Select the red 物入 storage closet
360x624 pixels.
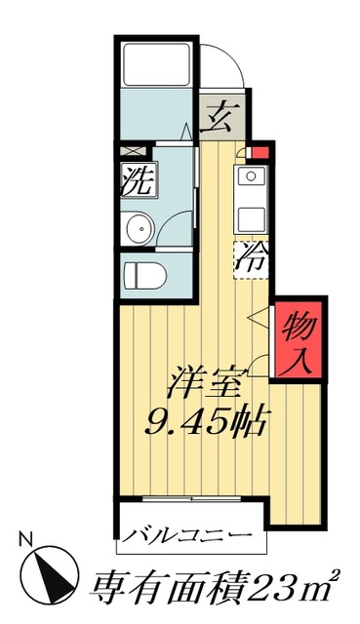[297, 342]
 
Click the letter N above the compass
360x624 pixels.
[26, 535]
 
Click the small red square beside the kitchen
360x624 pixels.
[260, 151]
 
